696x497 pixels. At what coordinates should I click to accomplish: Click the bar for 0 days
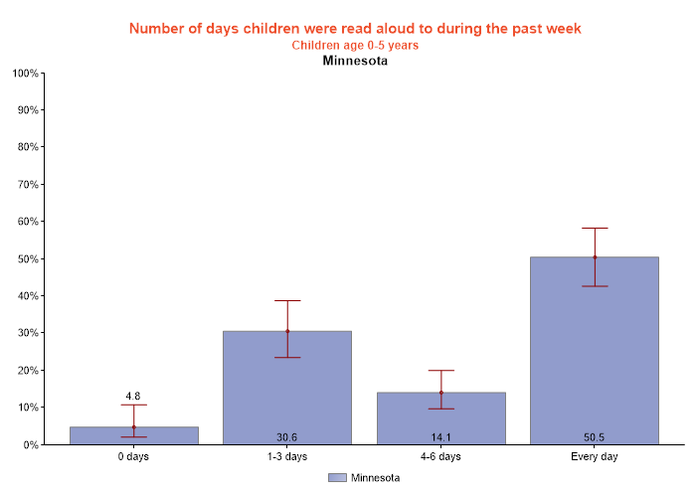(x=133, y=435)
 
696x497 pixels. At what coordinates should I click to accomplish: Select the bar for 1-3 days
(x=287, y=388)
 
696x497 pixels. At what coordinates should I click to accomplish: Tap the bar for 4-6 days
(x=440, y=418)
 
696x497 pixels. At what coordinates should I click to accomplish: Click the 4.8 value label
(x=134, y=397)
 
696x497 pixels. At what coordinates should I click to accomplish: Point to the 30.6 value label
(x=287, y=436)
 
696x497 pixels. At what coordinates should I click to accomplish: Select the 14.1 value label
(x=440, y=436)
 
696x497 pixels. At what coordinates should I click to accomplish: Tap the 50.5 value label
(x=594, y=436)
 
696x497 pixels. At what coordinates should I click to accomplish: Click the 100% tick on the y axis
(x=25, y=74)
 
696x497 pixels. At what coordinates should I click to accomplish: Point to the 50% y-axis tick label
(x=27, y=258)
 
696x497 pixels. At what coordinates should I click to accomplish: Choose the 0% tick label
(x=29, y=444)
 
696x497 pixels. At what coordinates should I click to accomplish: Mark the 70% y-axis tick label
(x=27, y=184)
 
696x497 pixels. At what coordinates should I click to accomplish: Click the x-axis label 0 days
(x=134, y=457)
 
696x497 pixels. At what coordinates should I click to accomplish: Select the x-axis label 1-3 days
(x=287, y=457)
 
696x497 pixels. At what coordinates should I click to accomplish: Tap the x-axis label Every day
(x=594, y=457)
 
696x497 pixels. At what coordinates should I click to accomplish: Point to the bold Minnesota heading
(x=355, y=61)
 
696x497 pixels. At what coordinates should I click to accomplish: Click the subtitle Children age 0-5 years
(x=355, y=45)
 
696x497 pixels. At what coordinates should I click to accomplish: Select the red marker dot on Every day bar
(x=595, y=257)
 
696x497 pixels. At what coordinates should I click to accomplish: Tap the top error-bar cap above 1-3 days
(x=287, y=300)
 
